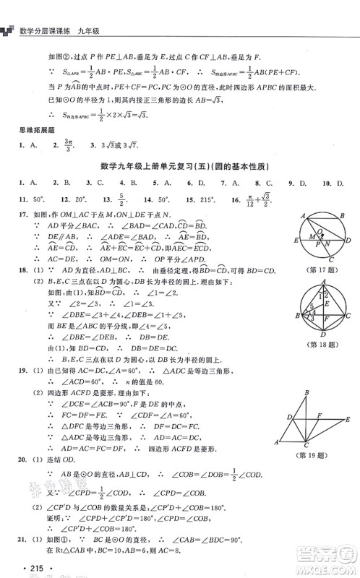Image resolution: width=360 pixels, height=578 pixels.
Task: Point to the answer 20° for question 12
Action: [x=83, y=199]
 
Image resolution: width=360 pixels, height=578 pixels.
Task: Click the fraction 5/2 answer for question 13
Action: [x=121, y=199]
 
